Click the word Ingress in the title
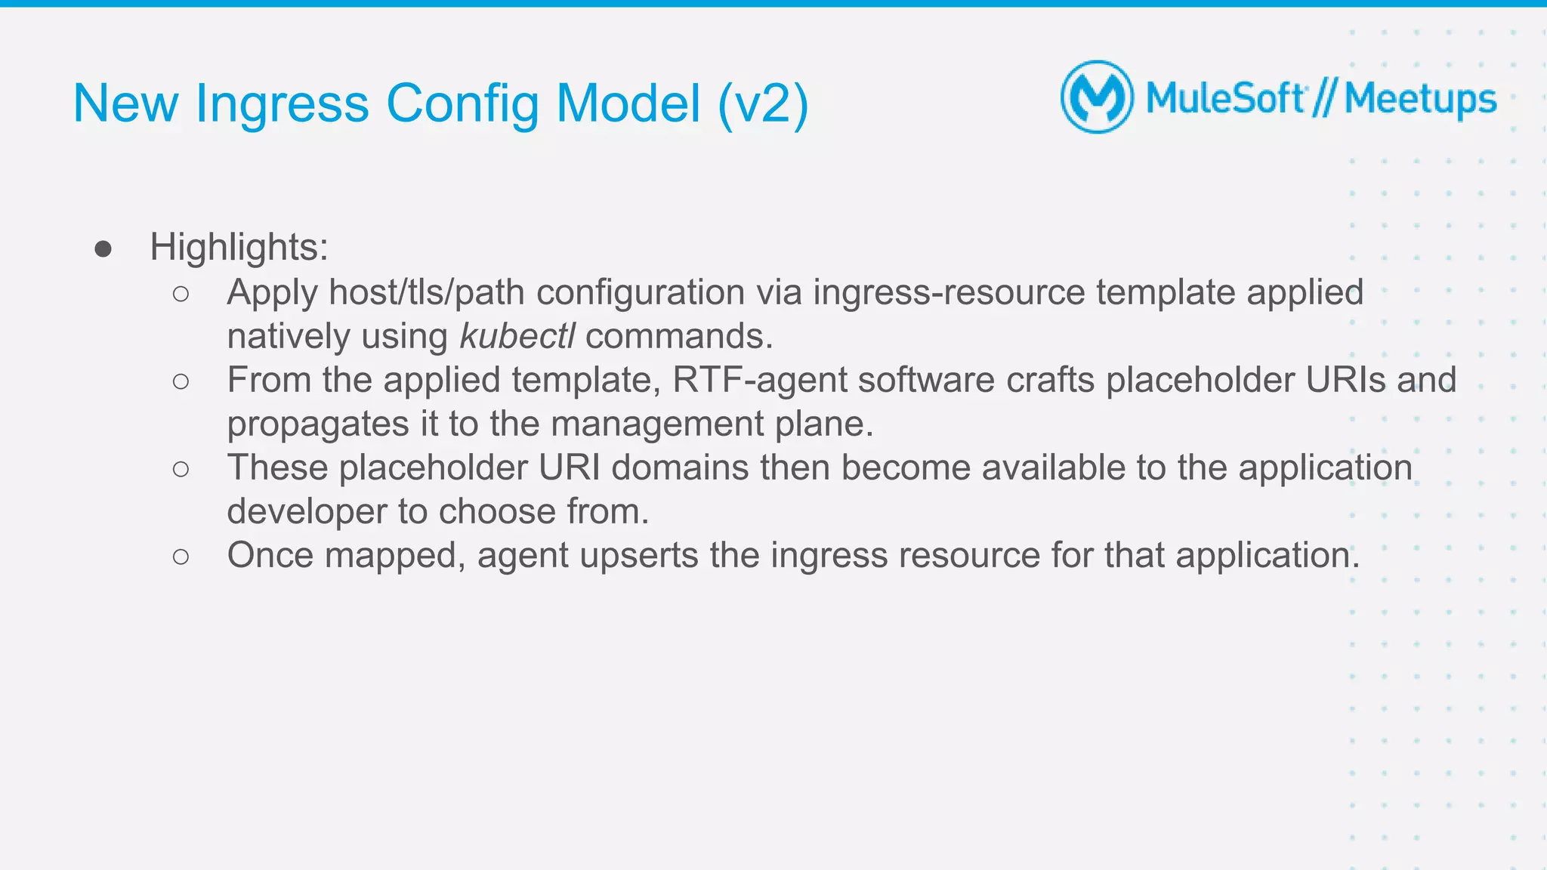(x=282, y=104)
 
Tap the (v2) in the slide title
(x=763, y=104)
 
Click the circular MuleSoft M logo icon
(x=1097, y=97)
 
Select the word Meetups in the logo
(x=1420, y=99)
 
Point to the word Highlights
(x=239, y=247)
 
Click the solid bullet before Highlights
(x=103, y=249)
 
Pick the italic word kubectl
(x=517, y=336)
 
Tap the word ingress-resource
(x=949, y=292)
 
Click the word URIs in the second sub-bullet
(x=1345, y=380)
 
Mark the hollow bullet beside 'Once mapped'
(x=181, y=557)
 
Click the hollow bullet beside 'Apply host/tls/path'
(x=181, y=294)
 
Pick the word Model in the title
(x=628, y=104)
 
